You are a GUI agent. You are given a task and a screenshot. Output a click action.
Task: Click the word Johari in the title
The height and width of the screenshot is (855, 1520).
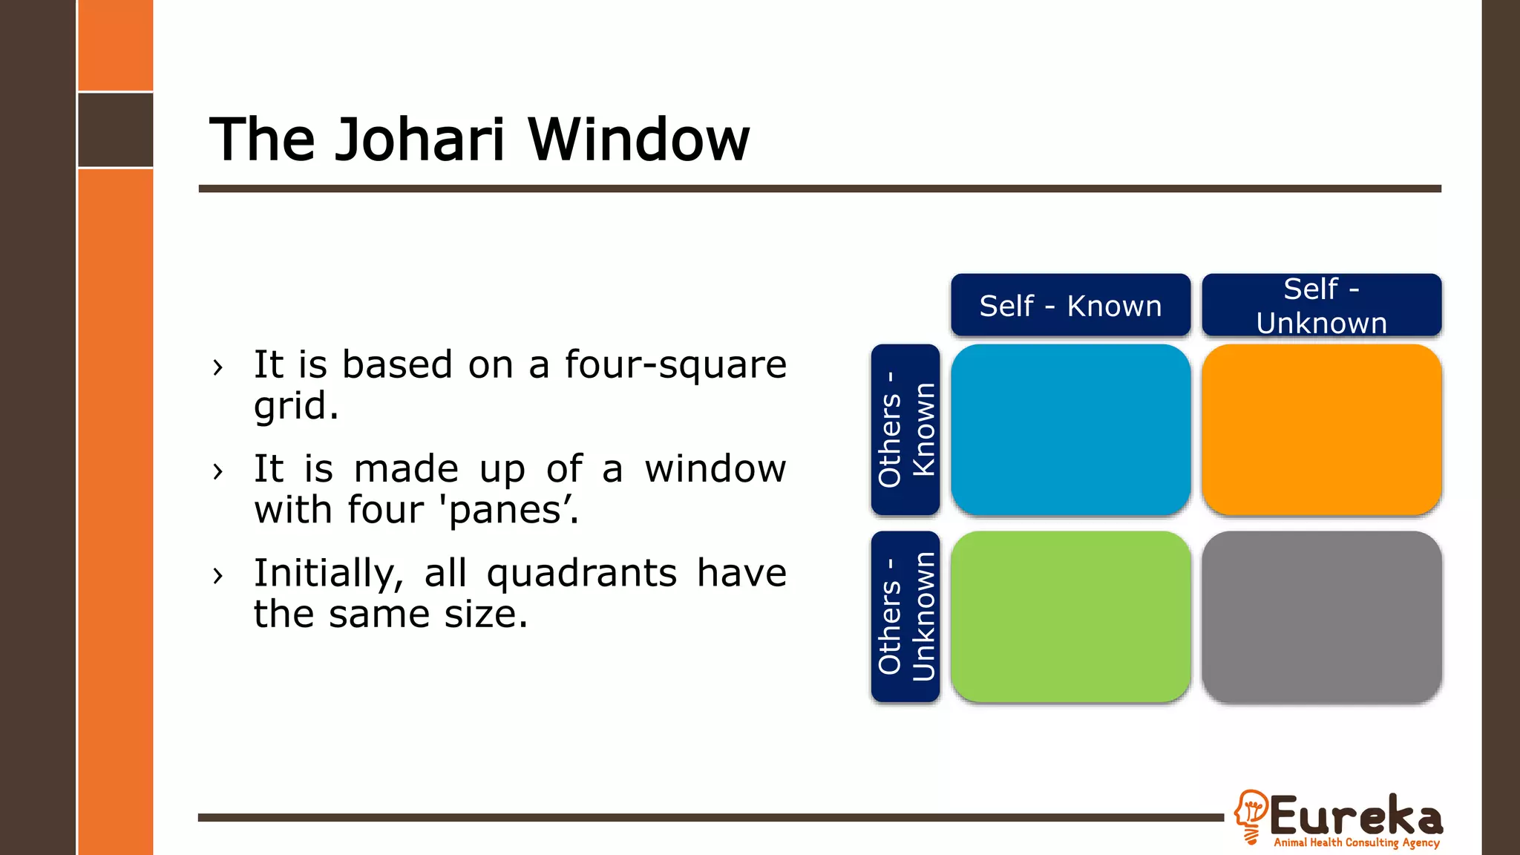[x=419, y=140]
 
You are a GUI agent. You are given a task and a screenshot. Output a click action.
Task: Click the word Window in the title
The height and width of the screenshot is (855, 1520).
[x=638, y=140]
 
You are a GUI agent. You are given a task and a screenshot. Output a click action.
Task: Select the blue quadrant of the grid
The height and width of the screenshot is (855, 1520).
[x=1070, y=430]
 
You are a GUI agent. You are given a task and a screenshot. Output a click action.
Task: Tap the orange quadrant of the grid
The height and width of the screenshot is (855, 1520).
[x=1321, y=430]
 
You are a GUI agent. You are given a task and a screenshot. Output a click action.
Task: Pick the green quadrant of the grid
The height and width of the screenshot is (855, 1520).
[x=1070, y=617]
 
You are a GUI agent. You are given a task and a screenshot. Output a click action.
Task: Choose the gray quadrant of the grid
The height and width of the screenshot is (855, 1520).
[x=1321, y=617]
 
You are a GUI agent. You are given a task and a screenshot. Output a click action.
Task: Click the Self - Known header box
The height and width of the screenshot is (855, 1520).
[x=1070, y=305]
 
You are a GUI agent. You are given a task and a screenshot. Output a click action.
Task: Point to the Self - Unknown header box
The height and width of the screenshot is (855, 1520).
[x=1321, y=305]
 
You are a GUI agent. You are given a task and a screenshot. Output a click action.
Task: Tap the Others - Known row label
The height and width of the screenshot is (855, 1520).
[x=905, y=430]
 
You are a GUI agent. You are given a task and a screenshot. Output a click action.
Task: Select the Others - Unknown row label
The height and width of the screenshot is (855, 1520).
[x=905, y=617]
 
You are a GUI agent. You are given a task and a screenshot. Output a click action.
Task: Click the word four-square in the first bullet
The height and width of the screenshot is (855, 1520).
[x=675, y=365]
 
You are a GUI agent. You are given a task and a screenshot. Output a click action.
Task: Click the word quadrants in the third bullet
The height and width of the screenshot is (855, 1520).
[x=582, y=574]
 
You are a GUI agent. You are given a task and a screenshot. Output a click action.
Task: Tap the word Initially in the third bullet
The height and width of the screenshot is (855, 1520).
[x=328, y=574]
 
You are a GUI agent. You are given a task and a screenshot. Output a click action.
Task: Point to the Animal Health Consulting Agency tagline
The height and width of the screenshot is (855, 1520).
[x=1357, y=842]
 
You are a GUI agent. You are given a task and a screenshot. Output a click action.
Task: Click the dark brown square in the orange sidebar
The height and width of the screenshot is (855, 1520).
[x=116, y=130]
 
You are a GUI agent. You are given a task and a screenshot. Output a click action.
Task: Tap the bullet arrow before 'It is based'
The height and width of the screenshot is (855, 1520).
[x=217, y=367]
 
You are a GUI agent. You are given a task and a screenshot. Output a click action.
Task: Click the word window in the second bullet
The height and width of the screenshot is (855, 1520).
[x=715, y=469]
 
